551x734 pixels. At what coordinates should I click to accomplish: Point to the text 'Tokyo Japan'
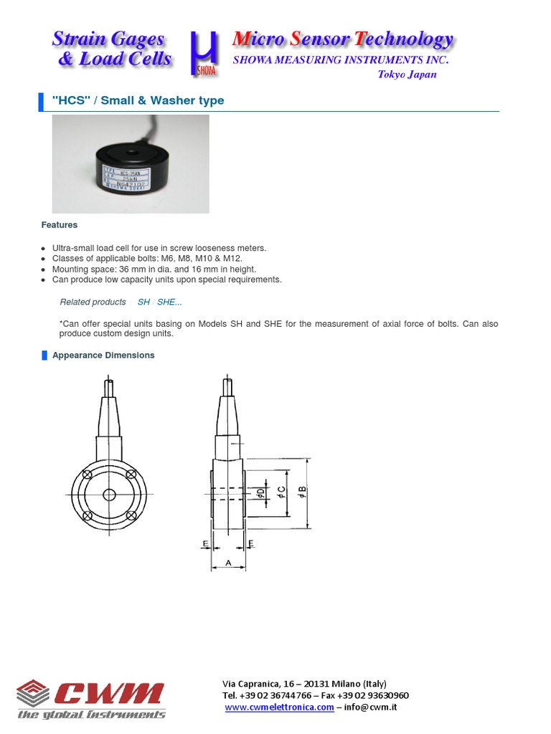[407, 75]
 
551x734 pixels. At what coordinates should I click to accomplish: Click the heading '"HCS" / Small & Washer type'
[138, 100]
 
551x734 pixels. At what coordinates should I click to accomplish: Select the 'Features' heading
[59, 225]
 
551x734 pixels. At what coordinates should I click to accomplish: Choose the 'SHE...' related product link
[169, 302]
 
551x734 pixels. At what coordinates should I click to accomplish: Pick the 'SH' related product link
[143, 302]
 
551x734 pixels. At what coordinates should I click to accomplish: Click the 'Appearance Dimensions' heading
[103, 355]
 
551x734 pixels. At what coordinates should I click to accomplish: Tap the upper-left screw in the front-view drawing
[88, 474]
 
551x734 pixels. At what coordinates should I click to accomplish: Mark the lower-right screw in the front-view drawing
[131, 515]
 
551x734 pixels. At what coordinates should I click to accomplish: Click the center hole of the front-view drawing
[109, 495]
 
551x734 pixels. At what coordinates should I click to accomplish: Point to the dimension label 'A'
[228, 563]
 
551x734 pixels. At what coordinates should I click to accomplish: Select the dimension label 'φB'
[301, 493]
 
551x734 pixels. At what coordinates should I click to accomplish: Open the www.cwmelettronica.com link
[279, 707]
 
